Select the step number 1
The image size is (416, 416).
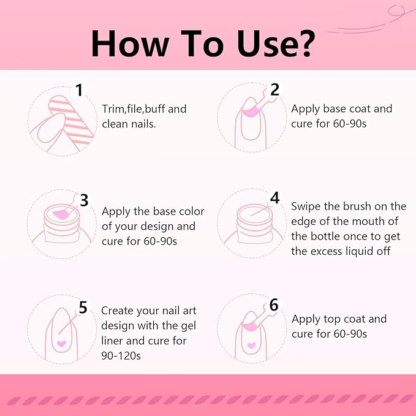tap(79, 90)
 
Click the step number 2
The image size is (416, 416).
tap(274, 89)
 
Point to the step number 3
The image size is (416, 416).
tap(84, 200)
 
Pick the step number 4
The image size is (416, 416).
tap(274, 198)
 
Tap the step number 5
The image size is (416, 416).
tap(83, 308)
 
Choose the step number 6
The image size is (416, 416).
tap(274, 305)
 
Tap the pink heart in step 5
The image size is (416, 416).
tap(61, 344)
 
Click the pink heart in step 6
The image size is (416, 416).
tap(251, 345)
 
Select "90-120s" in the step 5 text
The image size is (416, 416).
tap(121, 356)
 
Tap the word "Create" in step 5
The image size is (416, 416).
tap(117, 311)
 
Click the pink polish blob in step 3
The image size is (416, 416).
tap(61, 214)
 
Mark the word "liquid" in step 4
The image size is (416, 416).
tap(361, 252)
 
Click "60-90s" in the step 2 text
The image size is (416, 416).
tap(350, 124)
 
